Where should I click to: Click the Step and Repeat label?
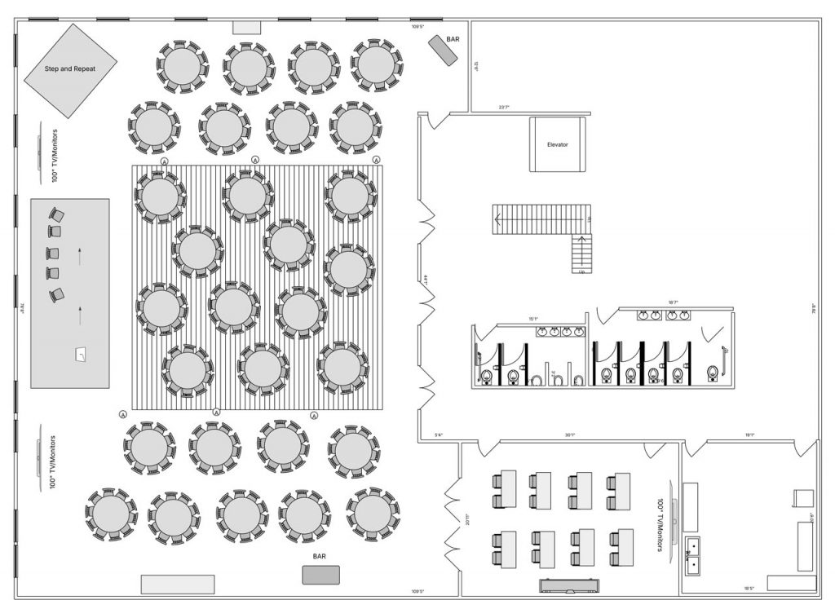[x=70, y=69]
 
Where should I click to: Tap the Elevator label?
[x=558, y=144]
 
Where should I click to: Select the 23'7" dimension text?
[x=504, y=107]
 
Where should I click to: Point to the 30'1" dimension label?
[x=569, y=435]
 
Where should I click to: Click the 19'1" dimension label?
[x=749, y=435]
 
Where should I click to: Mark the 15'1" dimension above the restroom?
[x=533, y=319]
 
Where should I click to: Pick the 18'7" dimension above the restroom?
[x=673, y=302]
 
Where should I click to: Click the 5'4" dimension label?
[x=438, y=435]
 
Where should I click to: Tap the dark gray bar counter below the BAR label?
[x=320, y=575]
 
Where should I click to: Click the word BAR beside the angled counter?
[x=453, y=38]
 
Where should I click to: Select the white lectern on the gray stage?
[x=81, y=354]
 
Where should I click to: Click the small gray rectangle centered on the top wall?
[x=246, y=28]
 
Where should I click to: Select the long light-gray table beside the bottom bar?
[x=178, y=584]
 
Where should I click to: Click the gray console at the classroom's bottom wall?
[x=571, y=585]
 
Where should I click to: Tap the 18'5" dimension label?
[x=749, y=589]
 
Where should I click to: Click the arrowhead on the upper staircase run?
[x=496, y=218]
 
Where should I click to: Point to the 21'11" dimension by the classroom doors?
[x=466, y=520]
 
